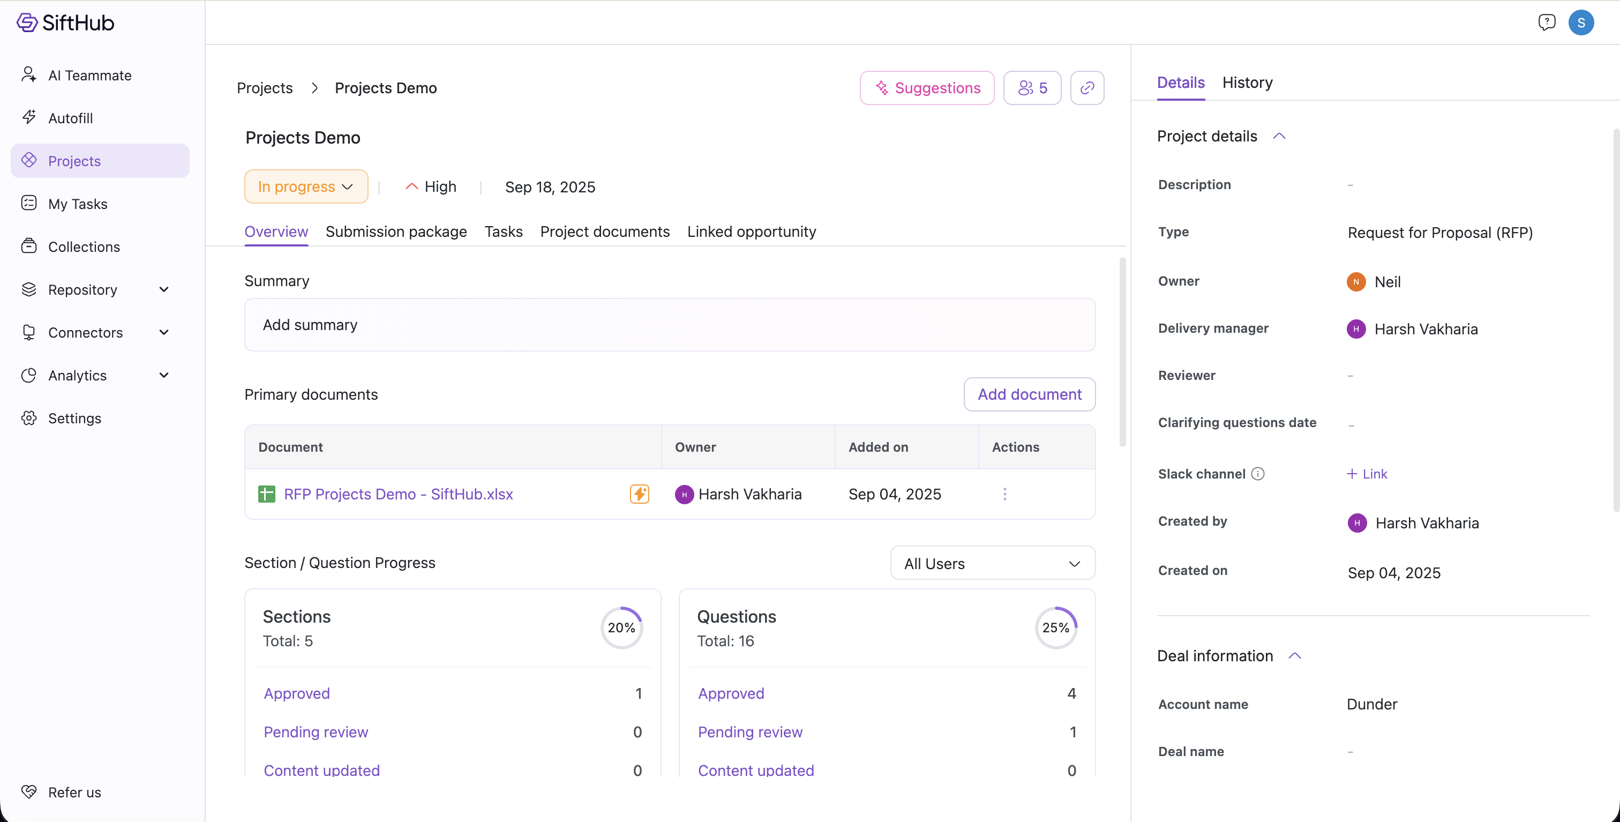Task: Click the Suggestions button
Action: pos(927,88)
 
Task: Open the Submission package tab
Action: pos(396,231)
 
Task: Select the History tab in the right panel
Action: pos(1247,83)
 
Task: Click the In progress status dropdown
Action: pos(306,187)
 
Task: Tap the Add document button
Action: pos(1030,394)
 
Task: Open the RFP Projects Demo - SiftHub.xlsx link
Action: pos(398,495)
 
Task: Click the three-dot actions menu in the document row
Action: pos(1005,495)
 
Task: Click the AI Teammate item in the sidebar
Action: pos(90,76)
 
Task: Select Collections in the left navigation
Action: pos(84,246)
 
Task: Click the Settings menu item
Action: pos(74,418)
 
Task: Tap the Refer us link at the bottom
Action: pos(74,793)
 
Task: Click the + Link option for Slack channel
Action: pos(1367,474)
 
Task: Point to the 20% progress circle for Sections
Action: pos(621,627)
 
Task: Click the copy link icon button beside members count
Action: pos(1087,88)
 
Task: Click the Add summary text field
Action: pos(670,325)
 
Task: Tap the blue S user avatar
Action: pos(1580,23)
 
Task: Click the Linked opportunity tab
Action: pos(752,231)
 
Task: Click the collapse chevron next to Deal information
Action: pos(1294,656)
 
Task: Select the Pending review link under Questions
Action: pos(750,732)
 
